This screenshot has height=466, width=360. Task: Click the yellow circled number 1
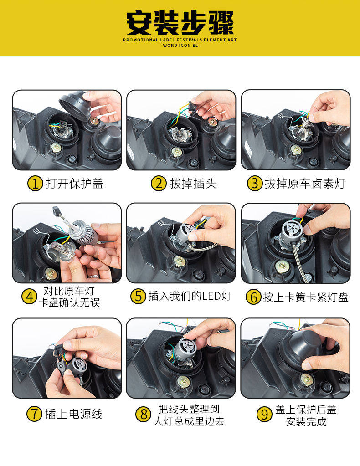click(35, 184)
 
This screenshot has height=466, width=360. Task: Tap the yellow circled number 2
click(159, 184)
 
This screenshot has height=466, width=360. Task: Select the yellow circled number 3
click(254, 184)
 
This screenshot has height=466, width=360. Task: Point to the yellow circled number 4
click(29, 297)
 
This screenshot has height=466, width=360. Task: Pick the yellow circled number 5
click(138, 296)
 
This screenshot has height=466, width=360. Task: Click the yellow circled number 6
click(253, 297)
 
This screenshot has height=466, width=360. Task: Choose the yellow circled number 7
click(34, 414)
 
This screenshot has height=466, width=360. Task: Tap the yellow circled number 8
click(143, 414)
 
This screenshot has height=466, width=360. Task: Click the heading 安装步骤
click(180, 23)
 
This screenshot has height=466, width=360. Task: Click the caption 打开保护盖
click(75, 184)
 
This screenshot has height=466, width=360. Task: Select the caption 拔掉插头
click(193, 184)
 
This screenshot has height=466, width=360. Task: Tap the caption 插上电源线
click(74, 414)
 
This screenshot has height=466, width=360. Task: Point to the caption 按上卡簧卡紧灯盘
click(306, 297)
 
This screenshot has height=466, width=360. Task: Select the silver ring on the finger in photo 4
click(93, 277)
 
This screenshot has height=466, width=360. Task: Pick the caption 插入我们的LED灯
click(190, 296)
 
